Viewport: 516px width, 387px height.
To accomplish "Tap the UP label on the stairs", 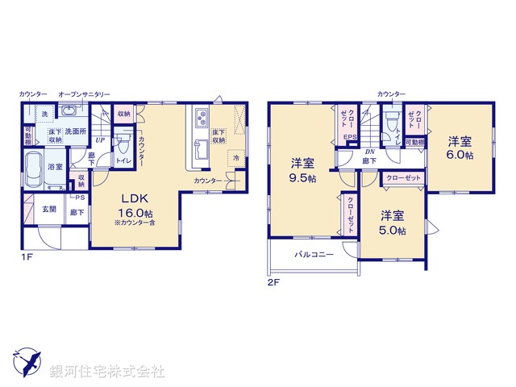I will point(99,139).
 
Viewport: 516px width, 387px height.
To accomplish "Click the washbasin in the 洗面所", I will point(67,112).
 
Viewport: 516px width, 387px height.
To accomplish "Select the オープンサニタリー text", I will point(84,94).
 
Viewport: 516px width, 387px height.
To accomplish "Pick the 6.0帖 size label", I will point(460,153).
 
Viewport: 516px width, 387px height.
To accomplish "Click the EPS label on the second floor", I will point(351,137).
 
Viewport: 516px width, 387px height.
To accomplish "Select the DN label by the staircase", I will point(369,151).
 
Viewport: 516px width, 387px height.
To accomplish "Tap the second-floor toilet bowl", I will point(391,122).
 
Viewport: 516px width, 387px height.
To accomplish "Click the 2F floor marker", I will point(273,283).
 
